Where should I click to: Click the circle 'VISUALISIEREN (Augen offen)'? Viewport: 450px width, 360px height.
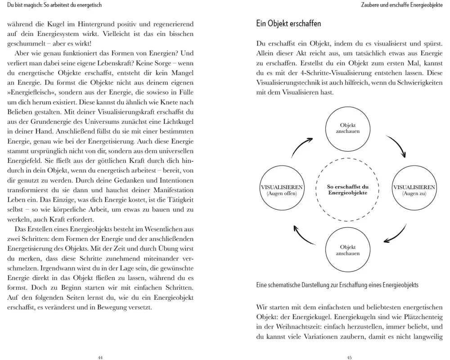[x=282, y=189]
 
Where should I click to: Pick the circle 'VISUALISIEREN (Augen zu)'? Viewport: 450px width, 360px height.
[x=414, y=189]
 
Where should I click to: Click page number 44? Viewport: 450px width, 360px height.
[x=100, y=357]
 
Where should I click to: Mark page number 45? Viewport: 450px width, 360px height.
[x=349, y=357]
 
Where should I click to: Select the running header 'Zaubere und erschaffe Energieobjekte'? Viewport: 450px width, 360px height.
[x=402, y=5]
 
